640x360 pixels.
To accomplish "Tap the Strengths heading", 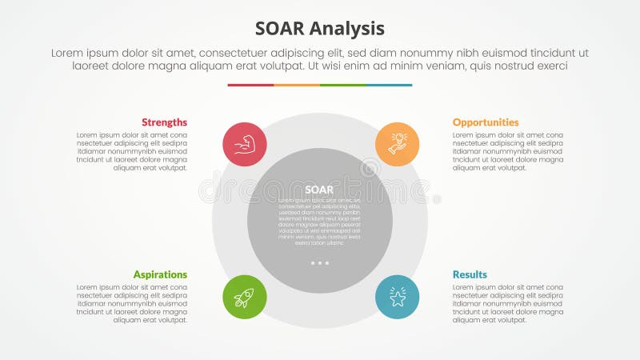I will click(164, 122).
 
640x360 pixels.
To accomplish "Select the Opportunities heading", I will click(486, 122).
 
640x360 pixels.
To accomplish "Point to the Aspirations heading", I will click(160, 274).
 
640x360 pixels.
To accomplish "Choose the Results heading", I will click(470, 274).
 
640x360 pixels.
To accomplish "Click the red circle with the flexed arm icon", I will click(244, 145).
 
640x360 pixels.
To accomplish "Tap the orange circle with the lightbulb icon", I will click(398, 145).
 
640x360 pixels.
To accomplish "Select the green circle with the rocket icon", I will click(244, 298).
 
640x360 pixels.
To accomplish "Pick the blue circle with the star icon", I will click(398, 298).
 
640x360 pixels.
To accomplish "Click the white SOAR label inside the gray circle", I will click(320, 190).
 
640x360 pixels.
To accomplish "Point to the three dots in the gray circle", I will click(320, 262).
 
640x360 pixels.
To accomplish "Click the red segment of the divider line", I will click(250, 85).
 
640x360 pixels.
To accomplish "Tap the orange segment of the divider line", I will click(297, 85).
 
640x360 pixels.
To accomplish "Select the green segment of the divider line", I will click(343, 85).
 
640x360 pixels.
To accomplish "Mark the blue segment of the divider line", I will click(390, 85).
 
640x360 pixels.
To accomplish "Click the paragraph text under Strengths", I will click(132, 152).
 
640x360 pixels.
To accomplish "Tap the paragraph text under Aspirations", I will click(132, 304).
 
